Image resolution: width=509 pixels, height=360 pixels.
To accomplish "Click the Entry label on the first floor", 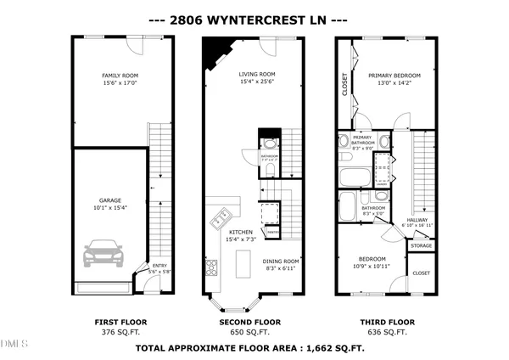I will tap(159, 265).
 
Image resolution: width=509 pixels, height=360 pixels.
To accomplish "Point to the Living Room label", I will tap(259, 75).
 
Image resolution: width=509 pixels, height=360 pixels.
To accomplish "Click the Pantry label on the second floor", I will tap(273, 230).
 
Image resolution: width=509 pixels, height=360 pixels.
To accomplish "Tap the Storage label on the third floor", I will tap(421, 245).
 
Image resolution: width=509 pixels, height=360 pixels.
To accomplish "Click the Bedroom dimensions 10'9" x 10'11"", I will tap(372, 267).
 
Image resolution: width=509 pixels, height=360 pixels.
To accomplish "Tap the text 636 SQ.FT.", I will tap(391, 333).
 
